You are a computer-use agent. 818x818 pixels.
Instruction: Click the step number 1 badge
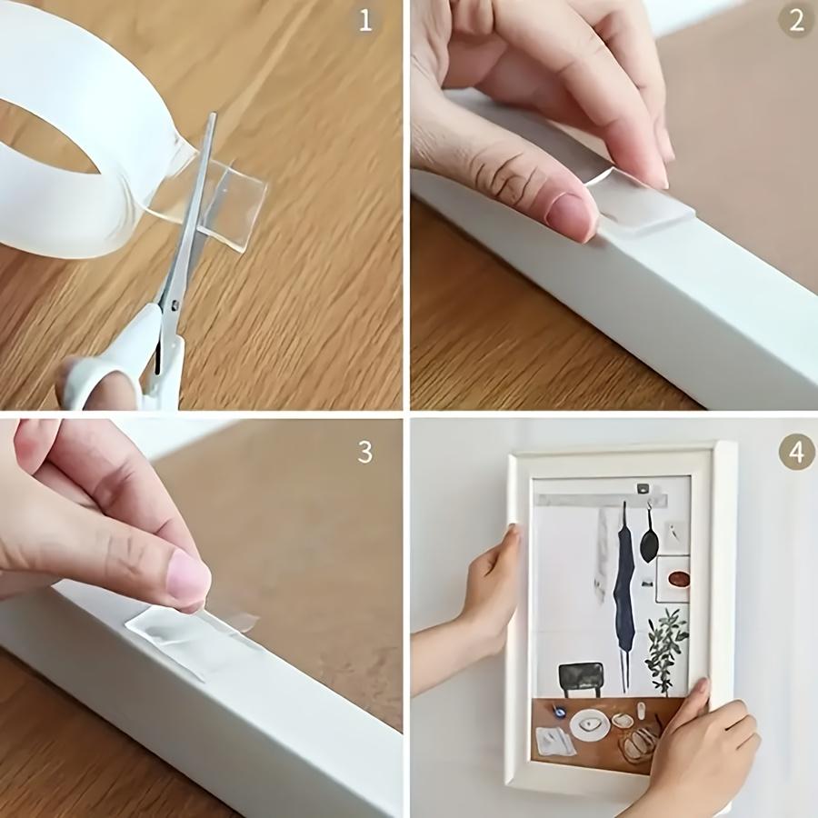[x=365, y=21]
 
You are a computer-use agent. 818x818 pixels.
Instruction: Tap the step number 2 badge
[x=796, y=21]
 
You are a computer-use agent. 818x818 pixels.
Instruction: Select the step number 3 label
[x=365, y=452]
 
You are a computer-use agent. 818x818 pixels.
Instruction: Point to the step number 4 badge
[x=796, y=452]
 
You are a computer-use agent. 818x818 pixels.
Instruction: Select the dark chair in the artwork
[x=581, y=677]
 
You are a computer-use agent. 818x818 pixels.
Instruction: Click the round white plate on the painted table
[x=589, y=723]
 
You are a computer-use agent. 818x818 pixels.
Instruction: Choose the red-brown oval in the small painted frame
[x=678, y=579]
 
